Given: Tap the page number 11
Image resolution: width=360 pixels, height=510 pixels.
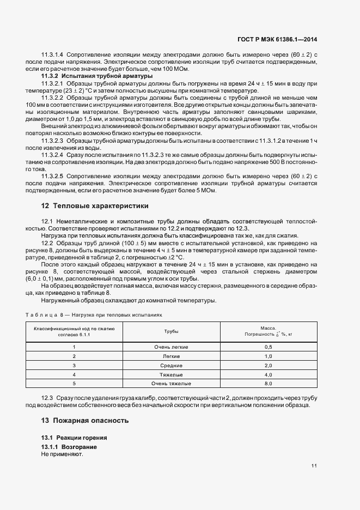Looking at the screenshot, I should click(314, 465).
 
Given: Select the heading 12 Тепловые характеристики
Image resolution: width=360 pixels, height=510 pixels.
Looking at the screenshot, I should click(94, 206).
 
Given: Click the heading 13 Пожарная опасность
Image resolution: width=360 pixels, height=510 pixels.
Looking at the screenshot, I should click(84, 421).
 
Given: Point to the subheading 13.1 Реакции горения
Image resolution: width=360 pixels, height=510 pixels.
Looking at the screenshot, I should click(74, 438).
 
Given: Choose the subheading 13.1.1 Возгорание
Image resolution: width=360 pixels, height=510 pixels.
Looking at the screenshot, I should click(73, 447).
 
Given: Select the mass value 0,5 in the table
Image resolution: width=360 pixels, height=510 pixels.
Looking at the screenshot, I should click(268, 347).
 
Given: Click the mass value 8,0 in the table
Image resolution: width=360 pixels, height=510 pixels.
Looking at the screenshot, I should click(268, 384).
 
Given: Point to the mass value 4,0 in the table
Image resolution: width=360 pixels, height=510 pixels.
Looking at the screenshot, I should click(268, 374).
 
